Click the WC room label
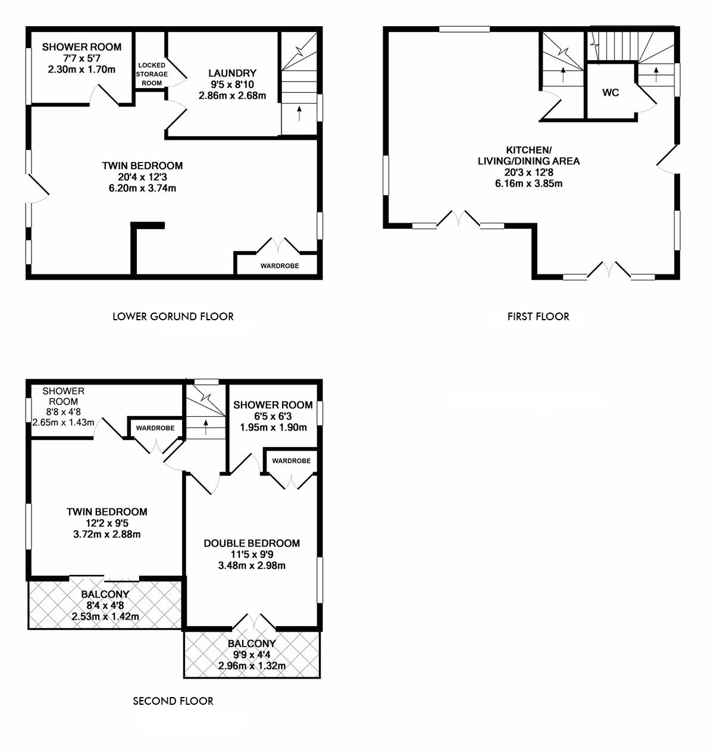pos(610,93)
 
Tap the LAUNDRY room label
pos(233,73)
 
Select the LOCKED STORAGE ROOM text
pos(152,74)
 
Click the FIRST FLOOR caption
pos(538,316)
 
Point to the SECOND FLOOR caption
pos(173,701)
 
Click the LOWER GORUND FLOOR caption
pos(173,316)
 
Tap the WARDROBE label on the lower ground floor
pos(280,266)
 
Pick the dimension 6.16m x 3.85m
pos(529,183)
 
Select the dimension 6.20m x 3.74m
pos(142,188)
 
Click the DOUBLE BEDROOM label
pos(252,543)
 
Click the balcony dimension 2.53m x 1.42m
pos(105,617)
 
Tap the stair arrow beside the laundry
pos(299,113)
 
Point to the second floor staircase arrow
pos(206,427)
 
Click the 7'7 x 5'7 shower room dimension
pos(82,58)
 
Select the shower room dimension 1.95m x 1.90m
pos(273,427)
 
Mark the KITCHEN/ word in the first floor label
pos(529,150)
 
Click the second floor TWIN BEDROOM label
pos(107,512)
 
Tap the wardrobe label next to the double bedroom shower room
pos(292,461)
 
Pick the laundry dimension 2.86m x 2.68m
pos(233,95)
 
